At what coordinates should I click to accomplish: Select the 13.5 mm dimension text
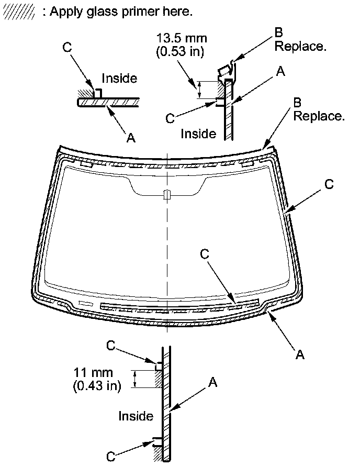tap(182, 38)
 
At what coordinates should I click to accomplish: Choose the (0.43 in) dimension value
tap(97, 386)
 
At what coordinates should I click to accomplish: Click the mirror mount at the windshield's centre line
tap(166, 195)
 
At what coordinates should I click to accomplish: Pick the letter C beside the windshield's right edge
tap(329, 184)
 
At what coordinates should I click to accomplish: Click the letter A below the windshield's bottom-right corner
tap(299, 355)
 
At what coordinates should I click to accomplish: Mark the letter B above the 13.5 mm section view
tap(279, 33)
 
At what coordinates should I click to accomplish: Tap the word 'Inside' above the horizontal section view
tap(119, 79)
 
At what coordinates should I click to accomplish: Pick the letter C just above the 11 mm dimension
tap(110, 346)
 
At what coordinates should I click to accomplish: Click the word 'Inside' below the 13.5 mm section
tap(198, 134)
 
